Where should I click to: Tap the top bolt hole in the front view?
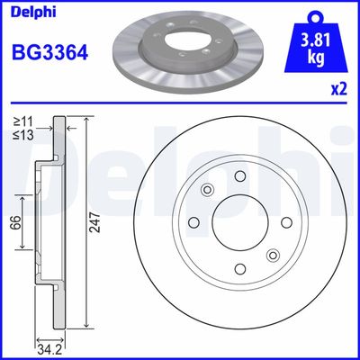[238, 177]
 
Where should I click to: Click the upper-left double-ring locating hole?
[207, 190]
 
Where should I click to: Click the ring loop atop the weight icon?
[315, 16]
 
